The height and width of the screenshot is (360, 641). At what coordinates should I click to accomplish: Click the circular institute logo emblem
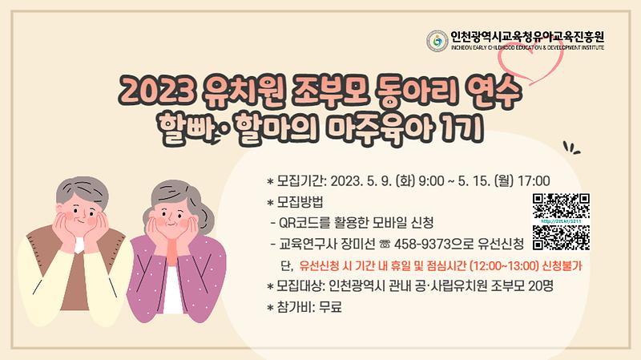pos(437,40)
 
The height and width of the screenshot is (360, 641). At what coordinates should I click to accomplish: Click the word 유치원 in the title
pos(228,92)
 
